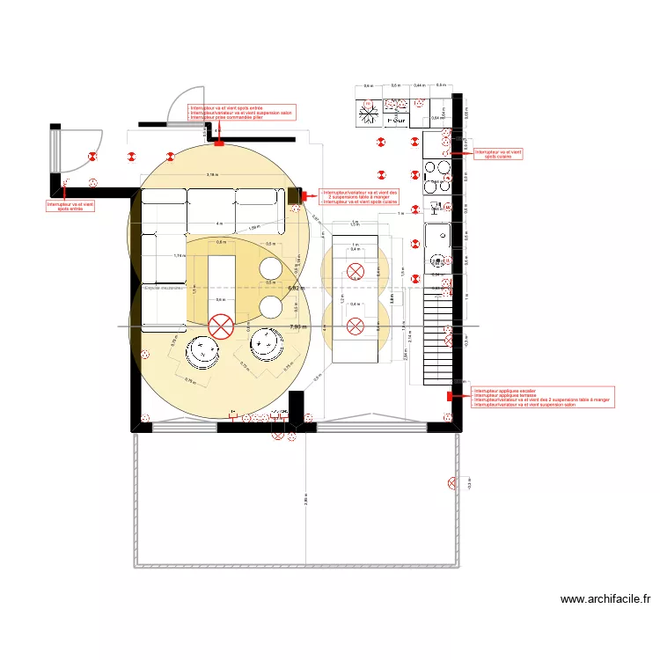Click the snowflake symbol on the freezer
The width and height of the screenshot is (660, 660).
pyautogui.click(x=369, y=114)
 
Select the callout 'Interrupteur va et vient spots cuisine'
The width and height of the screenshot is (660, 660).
pyautogui.click(x=498, y=154)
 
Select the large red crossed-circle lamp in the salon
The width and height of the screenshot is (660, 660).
pyautogui.click(x=220, y=327)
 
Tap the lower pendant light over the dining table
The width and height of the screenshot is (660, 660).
pyautogui.click(x=355, y=327)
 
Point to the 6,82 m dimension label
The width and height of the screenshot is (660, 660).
pyautogui.click(x=296, y=288)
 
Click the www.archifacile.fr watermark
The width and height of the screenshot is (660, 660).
pyautogui.click(x=605, y=599)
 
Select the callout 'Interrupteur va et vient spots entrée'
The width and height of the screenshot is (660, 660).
pyautogui.click(x=70, y=206)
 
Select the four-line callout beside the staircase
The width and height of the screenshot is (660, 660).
pyautogui.click(x=542, y=397)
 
